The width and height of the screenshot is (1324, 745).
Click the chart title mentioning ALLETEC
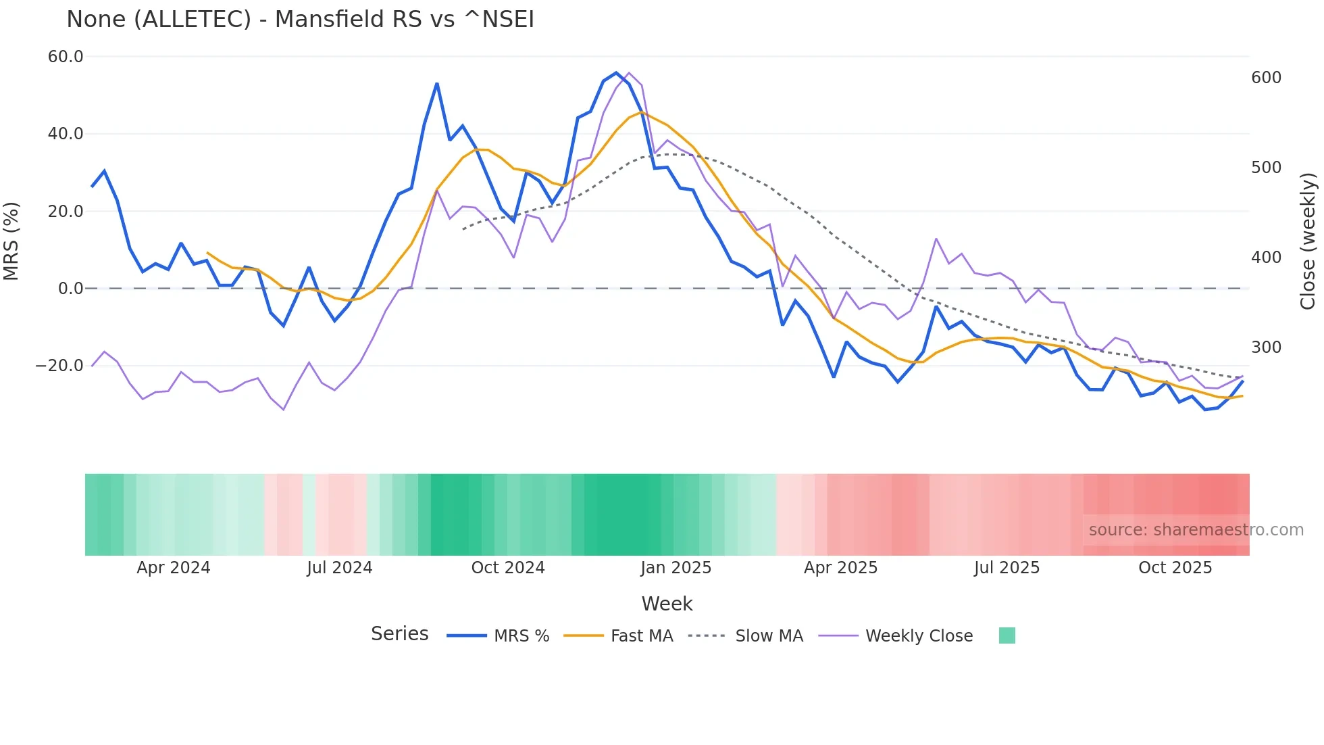pos(300,20)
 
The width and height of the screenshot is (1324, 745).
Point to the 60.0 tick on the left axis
pos(66,57)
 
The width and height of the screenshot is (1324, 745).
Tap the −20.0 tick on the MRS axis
pos(59,366)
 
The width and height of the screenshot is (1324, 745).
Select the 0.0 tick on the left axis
pos(71,289)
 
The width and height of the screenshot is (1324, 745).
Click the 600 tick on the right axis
pos(1266,78)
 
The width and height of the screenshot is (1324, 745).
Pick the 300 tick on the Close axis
pos(1266,347)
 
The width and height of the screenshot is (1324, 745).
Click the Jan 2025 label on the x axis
pos(676,568)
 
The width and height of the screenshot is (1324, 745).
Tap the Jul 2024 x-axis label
pos(339,568)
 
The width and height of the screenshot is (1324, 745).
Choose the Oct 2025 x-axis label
pos(1175,568)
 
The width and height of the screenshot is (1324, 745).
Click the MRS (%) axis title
pos(11,241)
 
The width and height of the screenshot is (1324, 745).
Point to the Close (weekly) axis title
pos(1308,241)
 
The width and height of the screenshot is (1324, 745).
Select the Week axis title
pos(667,604)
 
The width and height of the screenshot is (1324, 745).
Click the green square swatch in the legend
pos(1007,635)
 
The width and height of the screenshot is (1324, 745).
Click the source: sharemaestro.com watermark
pos(1196,530)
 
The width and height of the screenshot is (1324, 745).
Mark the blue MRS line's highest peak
pos(616,73)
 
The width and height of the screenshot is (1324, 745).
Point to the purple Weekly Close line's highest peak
pos(629,73)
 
